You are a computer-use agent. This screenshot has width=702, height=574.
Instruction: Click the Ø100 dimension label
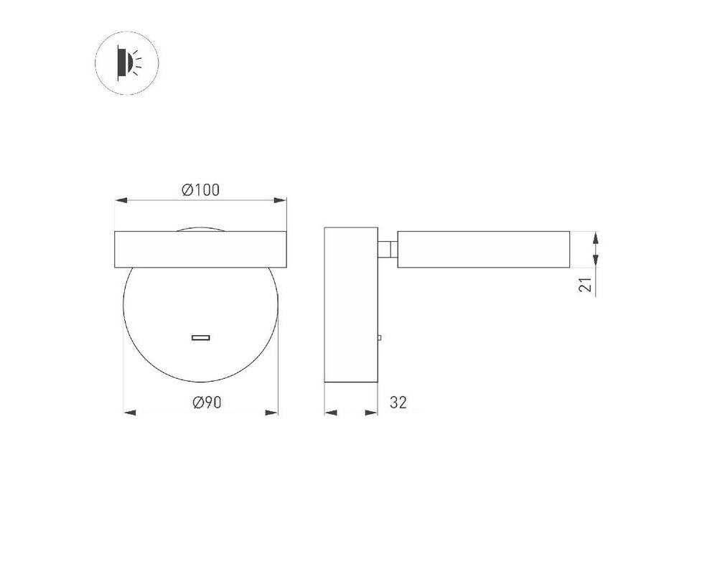(200, 190)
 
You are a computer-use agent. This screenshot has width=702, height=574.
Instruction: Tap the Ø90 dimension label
(207, 403)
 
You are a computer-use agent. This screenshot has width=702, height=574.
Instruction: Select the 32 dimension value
(398, 403)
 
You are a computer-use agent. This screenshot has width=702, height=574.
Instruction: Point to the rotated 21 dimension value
(586, 285)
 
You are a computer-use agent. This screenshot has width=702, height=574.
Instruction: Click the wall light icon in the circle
(127, 63)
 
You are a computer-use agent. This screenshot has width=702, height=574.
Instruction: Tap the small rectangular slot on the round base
(201, 337)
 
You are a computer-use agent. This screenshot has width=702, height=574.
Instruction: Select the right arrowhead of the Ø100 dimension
(280, 200)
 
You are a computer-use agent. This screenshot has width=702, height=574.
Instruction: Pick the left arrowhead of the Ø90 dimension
(129, 413)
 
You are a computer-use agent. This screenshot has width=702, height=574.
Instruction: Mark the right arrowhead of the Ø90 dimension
(272, 413)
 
